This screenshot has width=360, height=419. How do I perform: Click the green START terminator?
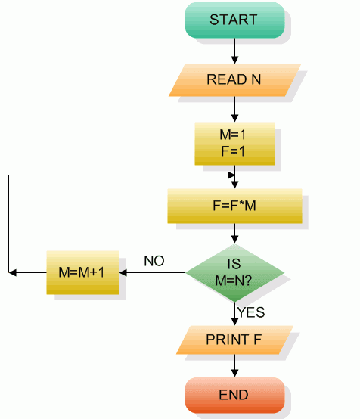point(234,20)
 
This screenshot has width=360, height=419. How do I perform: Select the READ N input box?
point(234,79)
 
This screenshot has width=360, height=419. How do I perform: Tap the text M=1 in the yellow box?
point(234,134)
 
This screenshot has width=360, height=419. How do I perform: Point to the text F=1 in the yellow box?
point(234,150)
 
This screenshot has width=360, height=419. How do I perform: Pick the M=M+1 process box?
point(82,272)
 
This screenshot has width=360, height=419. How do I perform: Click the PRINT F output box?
point(234,340)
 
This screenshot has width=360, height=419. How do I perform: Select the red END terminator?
point(234,395)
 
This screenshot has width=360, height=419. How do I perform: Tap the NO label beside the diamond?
point(154,262)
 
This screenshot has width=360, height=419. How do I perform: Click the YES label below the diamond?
point(250,312)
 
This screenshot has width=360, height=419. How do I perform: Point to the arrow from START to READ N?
point(234,51)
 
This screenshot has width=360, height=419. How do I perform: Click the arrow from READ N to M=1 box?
point(234,109)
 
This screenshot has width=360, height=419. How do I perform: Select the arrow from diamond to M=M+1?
point(151,272)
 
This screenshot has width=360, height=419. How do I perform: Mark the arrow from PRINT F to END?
point(234,366)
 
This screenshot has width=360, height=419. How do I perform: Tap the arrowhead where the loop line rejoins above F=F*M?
point(234,184)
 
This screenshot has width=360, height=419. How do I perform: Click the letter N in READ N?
point(256,79)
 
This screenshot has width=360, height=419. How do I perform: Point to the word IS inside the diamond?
point(234,265)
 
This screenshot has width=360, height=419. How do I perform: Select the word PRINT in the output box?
point(227,340)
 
